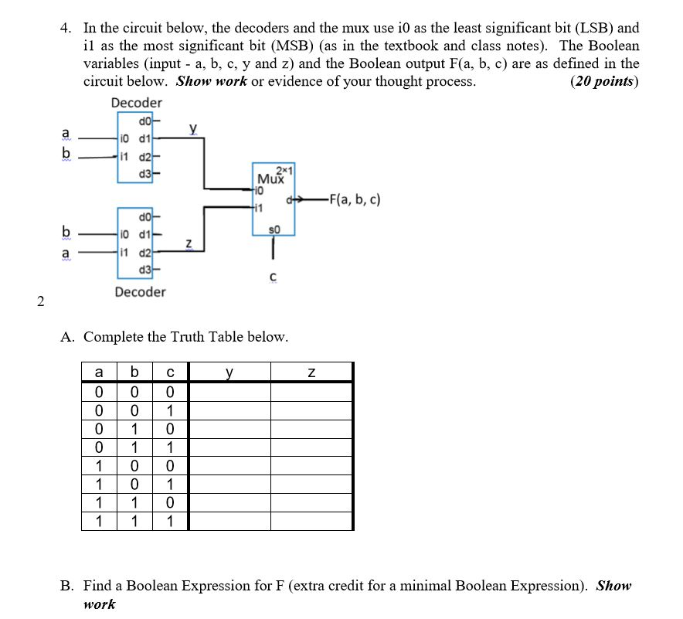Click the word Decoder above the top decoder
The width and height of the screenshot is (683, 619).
coord(136,103)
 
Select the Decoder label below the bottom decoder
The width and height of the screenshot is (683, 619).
coord(140,292)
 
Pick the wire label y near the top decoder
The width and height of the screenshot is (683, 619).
coord(192,130)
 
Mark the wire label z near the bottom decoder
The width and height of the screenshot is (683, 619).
coord(189,244)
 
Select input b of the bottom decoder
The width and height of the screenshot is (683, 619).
coord(67,230)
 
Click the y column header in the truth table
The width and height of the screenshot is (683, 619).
coord(229,372)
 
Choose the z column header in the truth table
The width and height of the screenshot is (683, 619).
coord(311,372)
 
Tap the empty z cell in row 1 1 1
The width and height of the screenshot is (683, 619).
coord(311,521)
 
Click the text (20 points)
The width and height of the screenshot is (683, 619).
coord(603,81)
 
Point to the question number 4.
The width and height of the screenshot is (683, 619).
coord(66,29)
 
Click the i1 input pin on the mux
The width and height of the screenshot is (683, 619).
coord(259,207)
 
